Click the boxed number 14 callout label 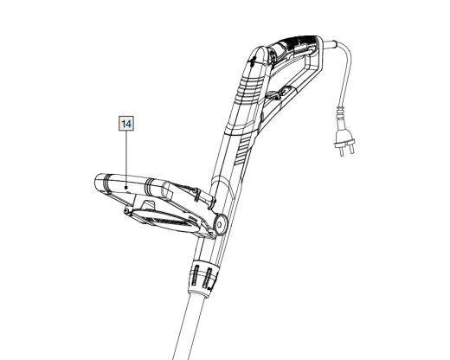(x=126, y=124)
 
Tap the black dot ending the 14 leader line (x=126, y=188)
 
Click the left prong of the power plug (x=342, y=150)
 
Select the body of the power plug (x=344, y=137)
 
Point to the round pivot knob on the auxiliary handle (x=220, y=224)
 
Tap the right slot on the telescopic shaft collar (x=209, y=278)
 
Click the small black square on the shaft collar (x=209, y=288)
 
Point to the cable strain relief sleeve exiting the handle (x=329, y=45)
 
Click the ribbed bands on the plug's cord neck (x=341, y=112)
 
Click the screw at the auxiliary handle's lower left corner (x=126, y=212)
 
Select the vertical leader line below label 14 (x=126, y=158)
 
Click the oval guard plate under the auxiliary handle (x=165, y=220)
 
